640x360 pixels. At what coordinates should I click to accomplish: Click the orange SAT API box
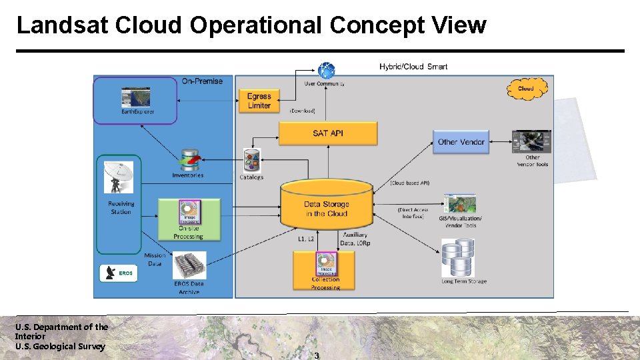point(327,133)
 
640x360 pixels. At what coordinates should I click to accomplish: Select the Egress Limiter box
point(259,101)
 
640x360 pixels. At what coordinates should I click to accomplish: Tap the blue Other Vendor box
point(461,142)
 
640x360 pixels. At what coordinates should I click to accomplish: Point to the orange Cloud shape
point(526,88)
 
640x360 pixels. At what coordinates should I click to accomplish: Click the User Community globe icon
point(326,70)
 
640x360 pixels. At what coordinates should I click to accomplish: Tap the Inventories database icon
point(189,161)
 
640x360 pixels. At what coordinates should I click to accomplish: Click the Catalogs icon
point(251,161)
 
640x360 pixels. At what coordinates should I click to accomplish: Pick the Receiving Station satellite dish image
point(119,178)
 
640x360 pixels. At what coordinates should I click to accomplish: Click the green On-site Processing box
point(189,219)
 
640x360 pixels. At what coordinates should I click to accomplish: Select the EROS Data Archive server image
point(189,265)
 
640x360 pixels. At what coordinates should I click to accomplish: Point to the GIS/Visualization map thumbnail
point(460,204)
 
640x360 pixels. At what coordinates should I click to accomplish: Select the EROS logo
point(117,273)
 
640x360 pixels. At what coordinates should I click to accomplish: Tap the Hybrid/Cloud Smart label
point(413,66)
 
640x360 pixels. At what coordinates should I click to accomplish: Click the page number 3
point(317,355)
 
